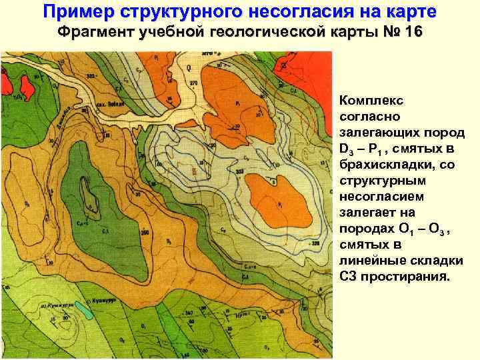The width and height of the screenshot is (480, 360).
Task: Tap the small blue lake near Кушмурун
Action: pyautogui.click(x=85, y=308)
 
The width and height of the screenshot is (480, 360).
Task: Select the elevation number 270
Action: pyautogui.click(x=193, y=83)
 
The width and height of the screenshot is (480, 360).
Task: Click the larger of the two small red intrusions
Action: pyautogui.click(x=27, y=85)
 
